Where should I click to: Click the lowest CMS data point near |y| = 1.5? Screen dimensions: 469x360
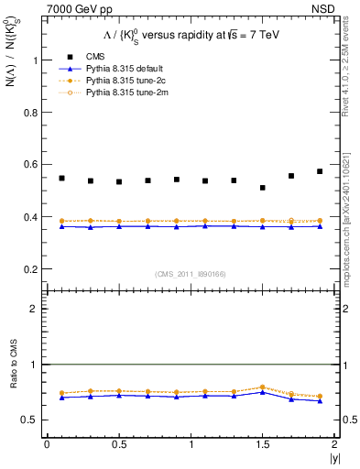pos(263,188)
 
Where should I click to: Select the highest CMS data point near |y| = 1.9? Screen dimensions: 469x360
pos(320,171)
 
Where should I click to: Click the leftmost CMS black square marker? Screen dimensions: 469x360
pos(61,178)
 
